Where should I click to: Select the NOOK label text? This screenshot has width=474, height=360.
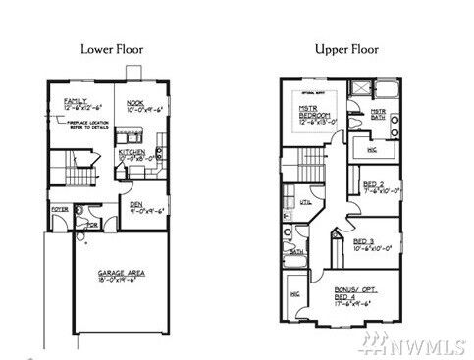pos(135,101)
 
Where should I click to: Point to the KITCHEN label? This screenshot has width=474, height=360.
pos(132,153)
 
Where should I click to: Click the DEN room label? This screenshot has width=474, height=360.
pos(136,204)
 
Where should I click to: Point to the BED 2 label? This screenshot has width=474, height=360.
pos(373,184)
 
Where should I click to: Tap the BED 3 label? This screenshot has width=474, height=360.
pos(363,241)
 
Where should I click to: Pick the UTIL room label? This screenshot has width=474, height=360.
pos(305,202)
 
